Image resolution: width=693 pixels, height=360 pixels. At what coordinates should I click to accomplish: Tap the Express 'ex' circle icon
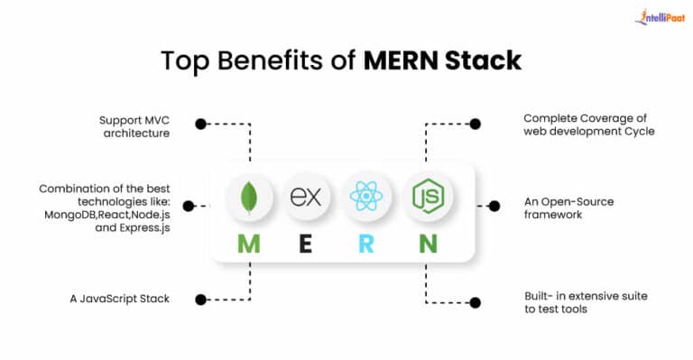point(306,197)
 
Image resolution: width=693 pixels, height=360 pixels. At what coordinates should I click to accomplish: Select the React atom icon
point(365,197)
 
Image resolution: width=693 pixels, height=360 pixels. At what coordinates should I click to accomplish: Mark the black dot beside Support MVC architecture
point(200,125)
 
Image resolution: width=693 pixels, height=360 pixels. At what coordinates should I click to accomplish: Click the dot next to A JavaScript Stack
point(200,300)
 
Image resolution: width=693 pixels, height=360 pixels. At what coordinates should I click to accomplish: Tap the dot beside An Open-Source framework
point(494,206)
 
